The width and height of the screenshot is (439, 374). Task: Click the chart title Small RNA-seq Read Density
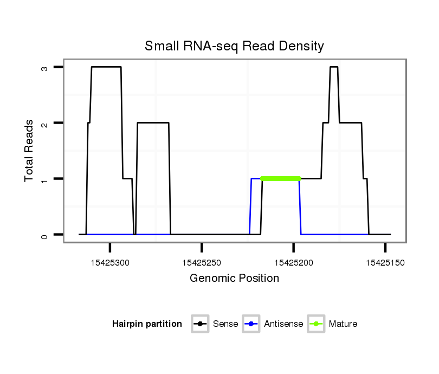pos(234,46)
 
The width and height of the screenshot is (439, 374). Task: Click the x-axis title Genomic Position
pos(234,279)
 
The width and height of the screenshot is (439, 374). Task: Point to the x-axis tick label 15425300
pos(110,263)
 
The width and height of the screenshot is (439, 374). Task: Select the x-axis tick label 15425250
pos(202,263)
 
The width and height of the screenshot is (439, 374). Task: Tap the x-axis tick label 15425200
pos(293,263)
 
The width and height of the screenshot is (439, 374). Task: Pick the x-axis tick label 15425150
pos(385,263)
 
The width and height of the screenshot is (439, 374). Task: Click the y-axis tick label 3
pos(45,67)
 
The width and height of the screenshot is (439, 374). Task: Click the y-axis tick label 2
pos(45,123)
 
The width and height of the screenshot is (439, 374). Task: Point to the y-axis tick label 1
pos(45,179)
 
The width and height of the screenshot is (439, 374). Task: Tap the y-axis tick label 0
pos(45,235)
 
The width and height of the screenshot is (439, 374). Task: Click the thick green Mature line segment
pos(281,178)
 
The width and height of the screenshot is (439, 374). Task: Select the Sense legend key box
pos(200,324)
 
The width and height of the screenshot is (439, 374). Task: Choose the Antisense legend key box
pos(251,324)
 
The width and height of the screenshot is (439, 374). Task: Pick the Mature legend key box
pos(316,324)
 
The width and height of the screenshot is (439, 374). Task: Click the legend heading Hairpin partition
pos(147,324)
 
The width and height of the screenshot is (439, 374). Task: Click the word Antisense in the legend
pos(283,324)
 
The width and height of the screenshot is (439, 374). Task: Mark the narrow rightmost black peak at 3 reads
pos(334,67)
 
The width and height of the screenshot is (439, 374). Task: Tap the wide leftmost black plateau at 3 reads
pos(106,67)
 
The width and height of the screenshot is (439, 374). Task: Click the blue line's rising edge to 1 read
pos(250,206)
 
